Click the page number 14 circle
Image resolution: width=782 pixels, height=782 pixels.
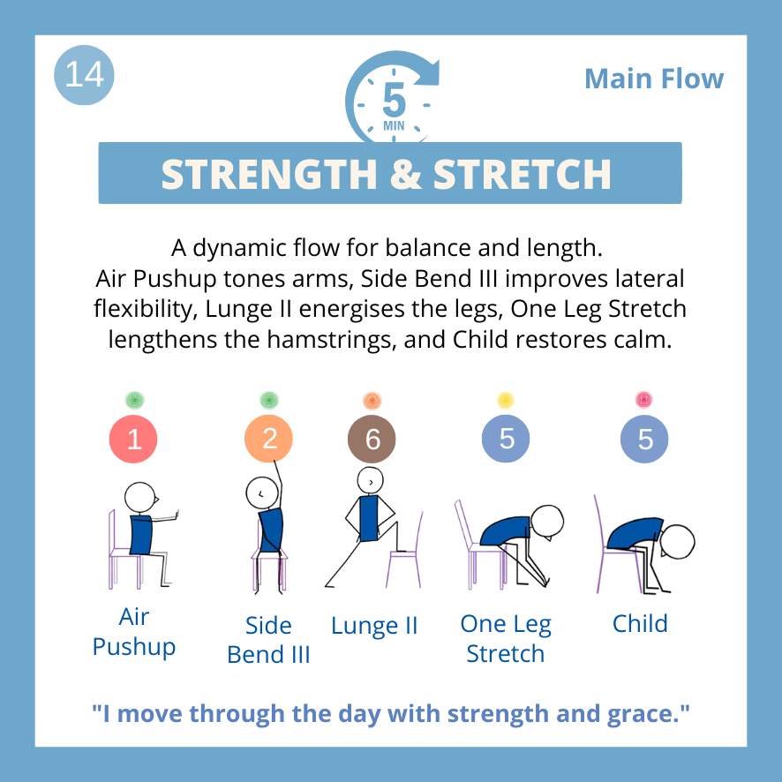coord(84,75)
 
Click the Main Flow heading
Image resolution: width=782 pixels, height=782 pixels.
coord(654,79)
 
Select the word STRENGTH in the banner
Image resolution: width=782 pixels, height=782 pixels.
coord(269,174)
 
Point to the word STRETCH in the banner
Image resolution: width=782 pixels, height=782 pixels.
coord(523,174)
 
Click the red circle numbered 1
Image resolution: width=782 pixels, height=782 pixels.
coord(133,439)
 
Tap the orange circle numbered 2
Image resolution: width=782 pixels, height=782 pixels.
coord(268,439)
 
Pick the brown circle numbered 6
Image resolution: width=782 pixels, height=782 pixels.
coord(372,439)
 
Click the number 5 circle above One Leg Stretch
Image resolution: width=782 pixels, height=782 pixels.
coord(506,439)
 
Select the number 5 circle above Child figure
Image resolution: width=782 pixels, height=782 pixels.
coord(644,439)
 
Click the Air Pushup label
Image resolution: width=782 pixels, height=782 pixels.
coord(134,632)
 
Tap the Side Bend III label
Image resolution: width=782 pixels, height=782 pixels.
coord(268,640)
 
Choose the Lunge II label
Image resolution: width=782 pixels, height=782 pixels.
coord(374,626)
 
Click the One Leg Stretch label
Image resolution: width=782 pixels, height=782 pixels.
coord(506,639)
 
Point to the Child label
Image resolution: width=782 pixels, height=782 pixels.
coord(640,624)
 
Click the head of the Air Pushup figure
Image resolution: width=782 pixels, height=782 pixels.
coord(140,498)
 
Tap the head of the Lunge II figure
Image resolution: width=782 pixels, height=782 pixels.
coord(371,481)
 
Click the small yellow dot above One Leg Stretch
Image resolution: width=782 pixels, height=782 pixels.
coord(506,400)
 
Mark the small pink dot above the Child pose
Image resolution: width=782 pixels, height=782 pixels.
coord(643,400)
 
